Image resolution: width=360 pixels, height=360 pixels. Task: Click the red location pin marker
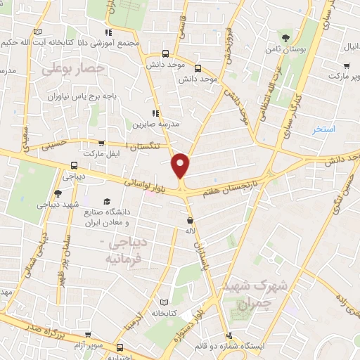181,165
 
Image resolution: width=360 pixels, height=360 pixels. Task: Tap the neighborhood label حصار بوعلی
72,69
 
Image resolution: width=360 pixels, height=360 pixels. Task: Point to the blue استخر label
324,130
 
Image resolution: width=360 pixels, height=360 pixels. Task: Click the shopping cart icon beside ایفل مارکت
103,142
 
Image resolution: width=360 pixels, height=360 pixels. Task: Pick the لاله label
189,230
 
